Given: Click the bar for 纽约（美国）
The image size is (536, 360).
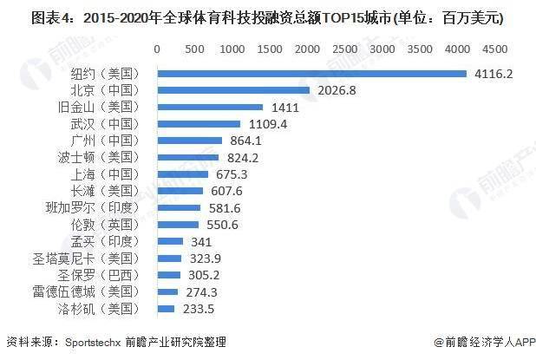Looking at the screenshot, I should [311, 74].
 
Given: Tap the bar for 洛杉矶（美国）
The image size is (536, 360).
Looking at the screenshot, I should [165, 308].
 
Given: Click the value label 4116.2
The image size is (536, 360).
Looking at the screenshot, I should [494, 74].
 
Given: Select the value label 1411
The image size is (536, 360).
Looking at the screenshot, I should [285, 108].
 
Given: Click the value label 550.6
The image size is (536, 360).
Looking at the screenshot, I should [219, 225].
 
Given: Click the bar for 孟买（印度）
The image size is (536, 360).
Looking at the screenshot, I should [169, 241].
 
